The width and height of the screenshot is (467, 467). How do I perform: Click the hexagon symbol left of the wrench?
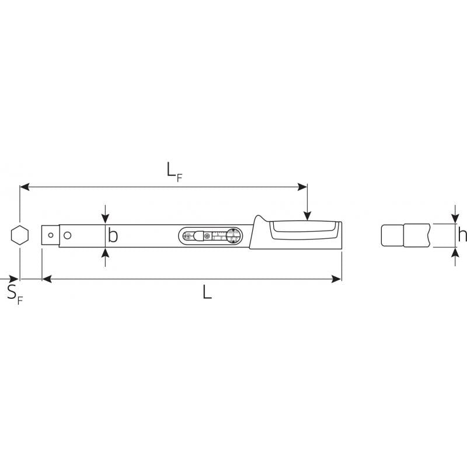19,235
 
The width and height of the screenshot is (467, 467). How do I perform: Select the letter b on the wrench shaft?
113,235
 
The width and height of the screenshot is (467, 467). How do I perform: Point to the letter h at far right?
462,235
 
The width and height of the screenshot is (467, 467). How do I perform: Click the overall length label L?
207,292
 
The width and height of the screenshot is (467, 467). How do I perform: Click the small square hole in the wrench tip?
51,235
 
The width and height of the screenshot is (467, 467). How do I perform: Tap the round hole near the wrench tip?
67,235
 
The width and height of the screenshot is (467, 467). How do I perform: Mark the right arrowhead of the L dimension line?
337,280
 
